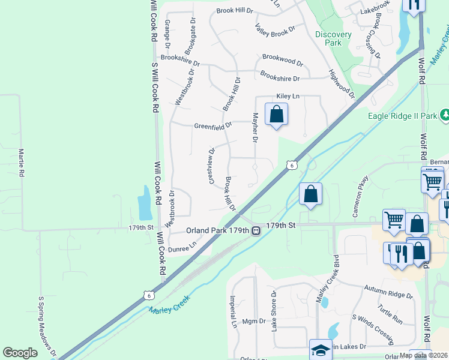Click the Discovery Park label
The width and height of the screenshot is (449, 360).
328,38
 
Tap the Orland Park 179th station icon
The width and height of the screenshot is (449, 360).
256,230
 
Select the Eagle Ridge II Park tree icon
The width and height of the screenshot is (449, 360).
445,114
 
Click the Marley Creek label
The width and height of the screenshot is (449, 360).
170,304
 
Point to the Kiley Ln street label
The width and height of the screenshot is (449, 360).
288,97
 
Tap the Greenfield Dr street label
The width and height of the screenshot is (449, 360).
212,126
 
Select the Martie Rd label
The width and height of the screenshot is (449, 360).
22,163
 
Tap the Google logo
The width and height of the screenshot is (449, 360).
20,353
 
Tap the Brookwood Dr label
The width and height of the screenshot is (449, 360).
283,61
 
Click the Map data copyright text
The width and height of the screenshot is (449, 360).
423,355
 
